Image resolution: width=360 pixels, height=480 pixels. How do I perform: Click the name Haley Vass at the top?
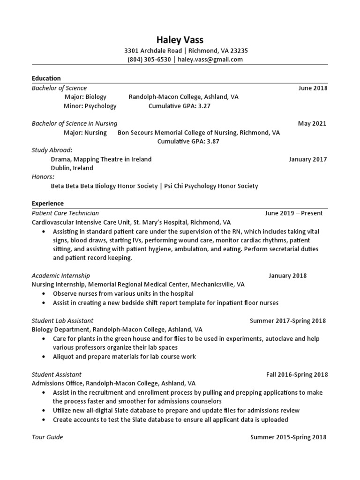coord(180,40)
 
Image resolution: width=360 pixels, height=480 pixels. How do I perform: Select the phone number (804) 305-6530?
coord(149,60)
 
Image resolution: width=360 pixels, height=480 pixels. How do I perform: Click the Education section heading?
coord(46,78)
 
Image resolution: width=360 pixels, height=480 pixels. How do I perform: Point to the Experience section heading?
coord(47,203)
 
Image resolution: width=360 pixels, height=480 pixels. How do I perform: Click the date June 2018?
coord(313,88)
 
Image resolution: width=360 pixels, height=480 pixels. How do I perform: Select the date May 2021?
coord(312,124)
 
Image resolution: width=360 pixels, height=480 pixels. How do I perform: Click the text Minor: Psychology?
coord(90,106)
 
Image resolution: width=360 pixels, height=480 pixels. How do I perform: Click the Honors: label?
coord(43,177)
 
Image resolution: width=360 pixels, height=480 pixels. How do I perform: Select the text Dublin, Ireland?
coord(72,168)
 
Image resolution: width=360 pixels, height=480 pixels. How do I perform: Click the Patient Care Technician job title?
coord(65,213)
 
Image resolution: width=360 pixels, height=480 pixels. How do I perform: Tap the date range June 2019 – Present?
coord(293,213)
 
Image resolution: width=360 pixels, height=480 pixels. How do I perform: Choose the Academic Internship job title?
coord(60,276)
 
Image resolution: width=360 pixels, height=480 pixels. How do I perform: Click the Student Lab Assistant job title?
coord(62,321)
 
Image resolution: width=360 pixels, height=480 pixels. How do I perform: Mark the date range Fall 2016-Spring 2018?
coord(297,375)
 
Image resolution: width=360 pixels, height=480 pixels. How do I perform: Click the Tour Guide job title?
coord(47,437)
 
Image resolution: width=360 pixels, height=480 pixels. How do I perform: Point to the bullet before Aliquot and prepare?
coord(44,357)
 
